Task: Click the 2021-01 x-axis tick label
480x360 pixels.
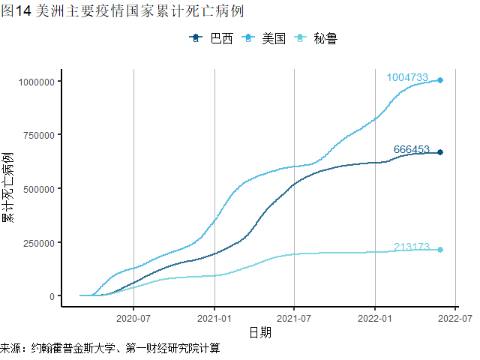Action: point(214,318)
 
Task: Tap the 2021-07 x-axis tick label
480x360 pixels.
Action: point(294,318)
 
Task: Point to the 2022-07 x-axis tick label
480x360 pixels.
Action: point(454,318)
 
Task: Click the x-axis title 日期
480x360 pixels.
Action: point(260,332)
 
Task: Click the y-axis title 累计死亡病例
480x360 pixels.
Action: point(8,188)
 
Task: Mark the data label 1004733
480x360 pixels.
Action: point(407,77)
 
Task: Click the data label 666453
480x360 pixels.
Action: point(412,150)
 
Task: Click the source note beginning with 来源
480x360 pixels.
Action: point(110,349)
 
